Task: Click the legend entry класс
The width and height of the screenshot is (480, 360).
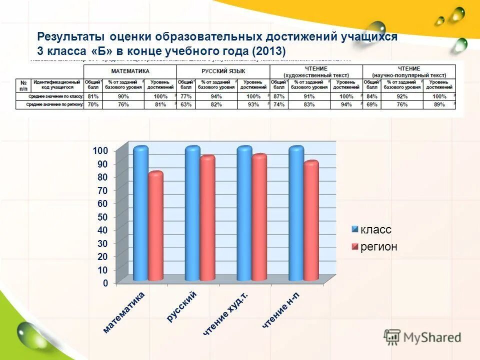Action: pyautogui.click(x=375, y=230)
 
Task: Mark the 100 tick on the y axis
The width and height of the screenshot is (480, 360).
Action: pyautogui.click(x=100, y=151)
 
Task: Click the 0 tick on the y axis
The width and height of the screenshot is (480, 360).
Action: pyautogui.click(x=105, y=283)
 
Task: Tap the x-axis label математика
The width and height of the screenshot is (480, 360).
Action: pyautogui.click(x=123, y=312)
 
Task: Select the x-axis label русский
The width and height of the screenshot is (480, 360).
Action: pyautogui.click(x=182, y=306)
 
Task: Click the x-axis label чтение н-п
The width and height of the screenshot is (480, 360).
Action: pyautogui.click(x=282, y=311)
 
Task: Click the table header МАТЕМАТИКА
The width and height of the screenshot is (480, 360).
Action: pyautogui.click(x=130, y=71)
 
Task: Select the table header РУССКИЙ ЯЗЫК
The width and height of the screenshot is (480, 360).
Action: pyautogui.click(x=223, y=71)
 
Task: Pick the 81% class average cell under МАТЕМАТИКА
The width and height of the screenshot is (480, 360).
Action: pyautogui.click(x=92, y=96)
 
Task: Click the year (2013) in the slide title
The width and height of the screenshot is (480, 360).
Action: pyautogui.click(x=269, y=51)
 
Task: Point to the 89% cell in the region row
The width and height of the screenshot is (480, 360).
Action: pyautogui.click(x=439, y=105)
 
